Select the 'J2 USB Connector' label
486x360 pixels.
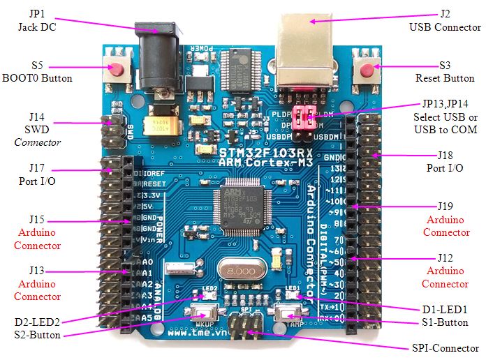(x=445, y=21)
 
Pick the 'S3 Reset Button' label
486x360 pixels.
(x=443, y=72)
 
